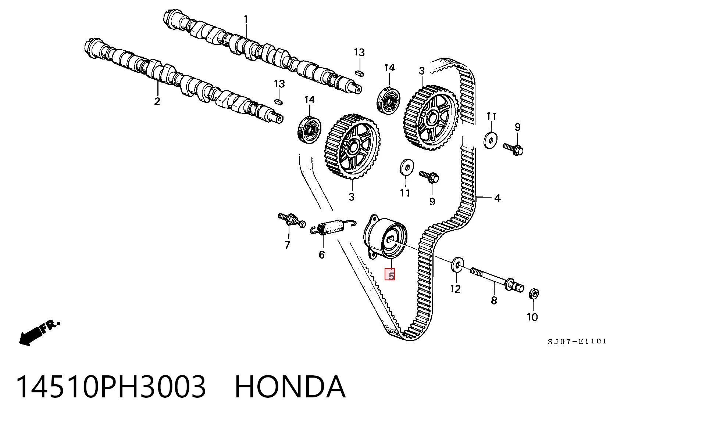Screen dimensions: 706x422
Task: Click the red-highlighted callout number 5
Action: (390, 275)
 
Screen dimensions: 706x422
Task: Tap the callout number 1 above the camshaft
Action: (246, 19)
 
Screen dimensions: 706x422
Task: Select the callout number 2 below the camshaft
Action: (157, 101)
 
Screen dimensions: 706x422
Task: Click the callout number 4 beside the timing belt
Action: (497, 198)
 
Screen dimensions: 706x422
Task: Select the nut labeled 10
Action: (534, 294)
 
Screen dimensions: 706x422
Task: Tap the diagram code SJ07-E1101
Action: (577, 342)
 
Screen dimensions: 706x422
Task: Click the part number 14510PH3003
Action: (111, 387)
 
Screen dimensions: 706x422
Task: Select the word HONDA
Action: (290, 387)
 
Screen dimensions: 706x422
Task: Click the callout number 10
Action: (532, 317)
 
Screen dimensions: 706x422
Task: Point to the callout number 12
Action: (455, 289)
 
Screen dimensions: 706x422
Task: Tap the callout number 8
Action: (494, 300)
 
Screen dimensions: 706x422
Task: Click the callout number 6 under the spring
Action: (322, 255)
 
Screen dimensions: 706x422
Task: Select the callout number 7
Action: (287, 245)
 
